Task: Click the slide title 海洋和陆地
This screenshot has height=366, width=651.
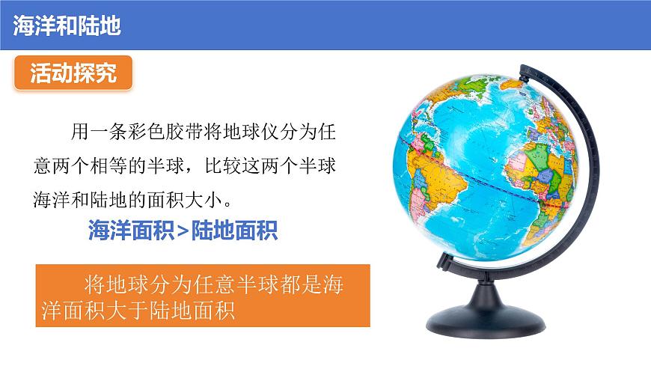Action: pyautogui.click(x=67, y=25)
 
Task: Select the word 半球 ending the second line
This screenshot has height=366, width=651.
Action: pyautogui.click(x=316, y=166)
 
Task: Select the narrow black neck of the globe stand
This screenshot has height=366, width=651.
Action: pyautogui.click(x=479, y=288)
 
